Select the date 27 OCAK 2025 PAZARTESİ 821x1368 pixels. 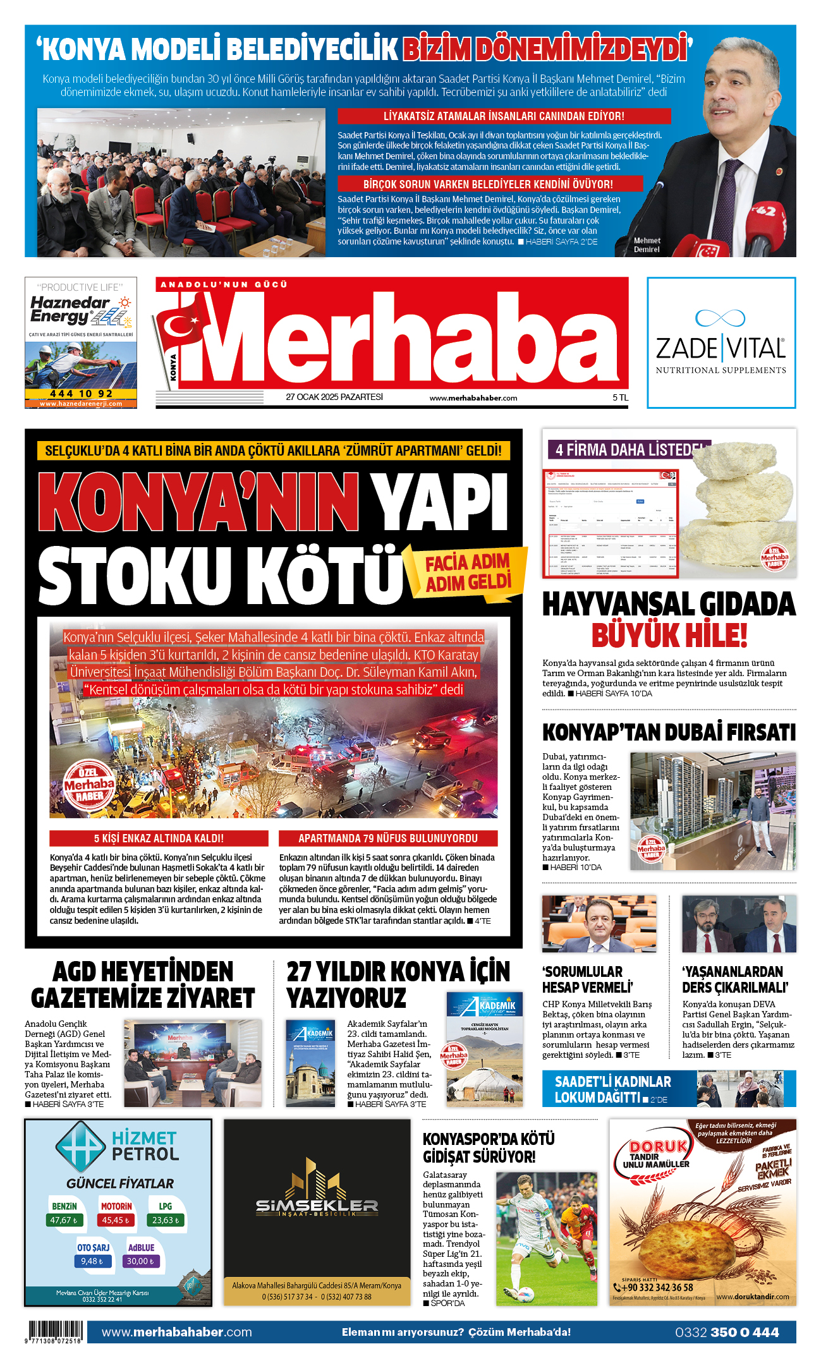tap(334, 397)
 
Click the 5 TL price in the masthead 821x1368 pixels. tap(620, 397)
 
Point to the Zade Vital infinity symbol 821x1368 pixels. tap(721, 317)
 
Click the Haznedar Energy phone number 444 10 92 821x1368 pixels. tap(81, 394)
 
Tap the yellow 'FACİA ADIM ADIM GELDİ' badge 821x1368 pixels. tap(467, 572)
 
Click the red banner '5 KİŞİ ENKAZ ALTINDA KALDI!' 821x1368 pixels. tap(159, 838)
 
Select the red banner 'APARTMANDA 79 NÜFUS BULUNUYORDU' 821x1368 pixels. tap(388, 838)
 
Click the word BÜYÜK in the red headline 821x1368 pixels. tap(634, 636)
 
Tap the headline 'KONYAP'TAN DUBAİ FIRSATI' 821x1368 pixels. tap(669, 732)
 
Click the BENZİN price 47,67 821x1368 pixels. tap(64, 1220)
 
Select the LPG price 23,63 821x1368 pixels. tap(166, 1220)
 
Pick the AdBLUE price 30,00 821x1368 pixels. tap(141, 1261)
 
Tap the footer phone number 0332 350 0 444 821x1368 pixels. tap(727, 1333)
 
